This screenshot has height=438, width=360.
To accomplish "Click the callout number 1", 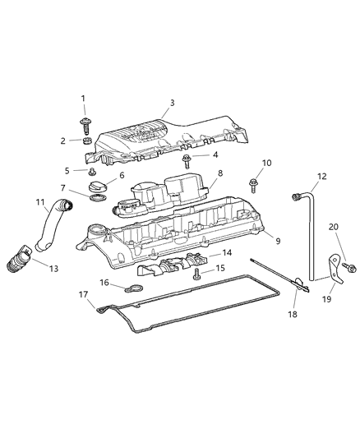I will coord(83,99).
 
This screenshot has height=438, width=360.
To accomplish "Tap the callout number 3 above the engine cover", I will coord(171,103).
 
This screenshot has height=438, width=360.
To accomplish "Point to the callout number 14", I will coord(228,252).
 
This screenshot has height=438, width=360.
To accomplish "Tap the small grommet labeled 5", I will coord(92,173).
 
